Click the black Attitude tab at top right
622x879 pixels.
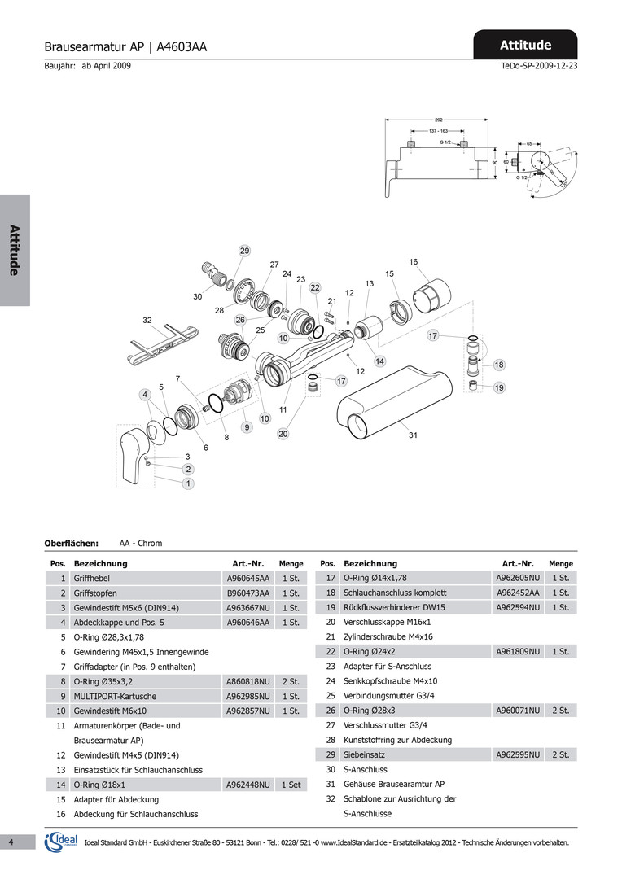point(525,44)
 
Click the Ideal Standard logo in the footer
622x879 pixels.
point(61,842)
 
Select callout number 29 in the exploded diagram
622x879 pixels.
point(244,251)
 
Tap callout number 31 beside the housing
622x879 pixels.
point(413,435)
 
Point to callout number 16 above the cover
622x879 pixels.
point(414,262)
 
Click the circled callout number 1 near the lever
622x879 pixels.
point(188,483)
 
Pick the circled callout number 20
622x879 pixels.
point(283,434)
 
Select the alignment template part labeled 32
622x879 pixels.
point(164,343)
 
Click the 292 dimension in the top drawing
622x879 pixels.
point(439,120)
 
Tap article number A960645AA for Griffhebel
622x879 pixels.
point(247,578)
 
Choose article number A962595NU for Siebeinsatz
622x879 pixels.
point(518,754)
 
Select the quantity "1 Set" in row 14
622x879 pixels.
point(291,785)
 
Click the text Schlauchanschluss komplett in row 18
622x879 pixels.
point(395,593)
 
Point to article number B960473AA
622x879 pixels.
point(247,593)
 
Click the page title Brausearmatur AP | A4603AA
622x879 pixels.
point(125,47)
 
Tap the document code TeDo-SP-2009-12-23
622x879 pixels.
point(539,66)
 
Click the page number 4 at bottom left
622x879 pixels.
point(11,842)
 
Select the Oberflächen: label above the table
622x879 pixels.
point(71,543)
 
